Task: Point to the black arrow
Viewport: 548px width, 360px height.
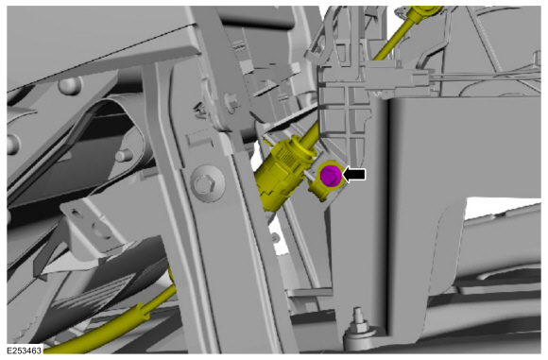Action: [356, 175]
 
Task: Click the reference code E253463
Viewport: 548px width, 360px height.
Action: [26, 350]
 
